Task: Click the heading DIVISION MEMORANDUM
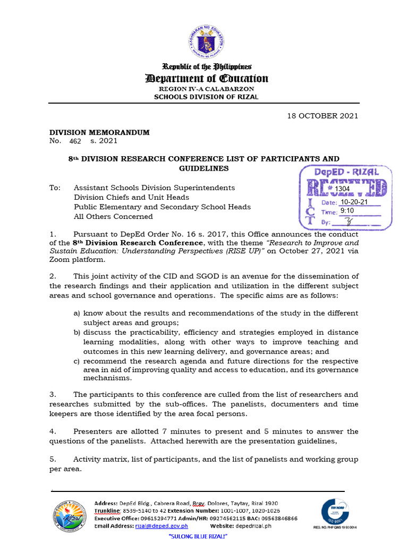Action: tap(99, 132)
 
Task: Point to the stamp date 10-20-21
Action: tap(354, 202)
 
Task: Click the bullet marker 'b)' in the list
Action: tap(76, 332)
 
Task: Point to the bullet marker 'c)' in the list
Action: tap(76, 361)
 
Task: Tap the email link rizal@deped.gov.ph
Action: tap(161, 526)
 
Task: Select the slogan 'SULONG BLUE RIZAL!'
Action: tap(198, 537)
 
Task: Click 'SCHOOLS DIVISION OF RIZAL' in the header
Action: tap(206, 97)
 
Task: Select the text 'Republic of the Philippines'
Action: tap(207, 66)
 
